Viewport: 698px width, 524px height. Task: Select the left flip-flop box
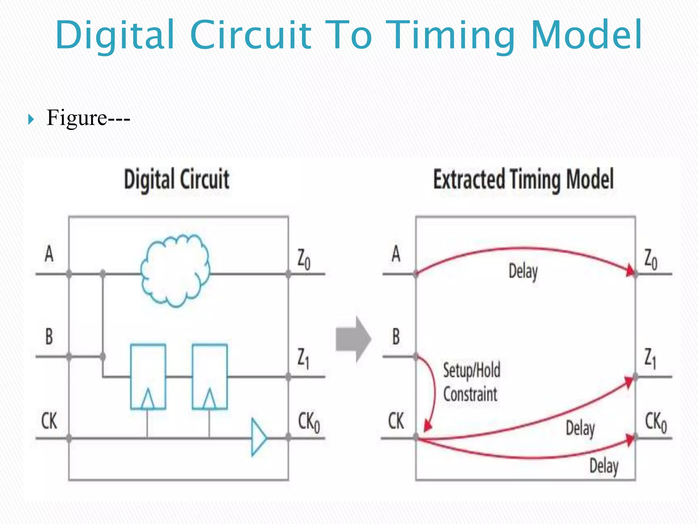[x=148, y=368]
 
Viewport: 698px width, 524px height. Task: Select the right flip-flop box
[x=210, y=368]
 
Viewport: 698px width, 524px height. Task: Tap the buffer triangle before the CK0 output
[x=258, y=437]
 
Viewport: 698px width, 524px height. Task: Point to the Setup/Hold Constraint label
[x=471, y=382]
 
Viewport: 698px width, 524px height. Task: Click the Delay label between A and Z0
[x=523, y=272]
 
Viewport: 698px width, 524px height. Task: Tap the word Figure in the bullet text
[x=77, y=118]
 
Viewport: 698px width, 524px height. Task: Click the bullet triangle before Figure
[x=31, y=119]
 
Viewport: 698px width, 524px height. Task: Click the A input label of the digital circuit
[x=49, y=254]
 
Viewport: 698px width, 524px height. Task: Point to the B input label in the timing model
[x=396, y=337]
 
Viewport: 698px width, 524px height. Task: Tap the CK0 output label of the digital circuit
[x=309, y=422]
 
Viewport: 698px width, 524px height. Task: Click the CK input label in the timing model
[x=396, y=421]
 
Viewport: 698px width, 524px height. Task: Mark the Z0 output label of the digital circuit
[x=304, y=259]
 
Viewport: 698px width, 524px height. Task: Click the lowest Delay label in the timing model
[x=604, y=466]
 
